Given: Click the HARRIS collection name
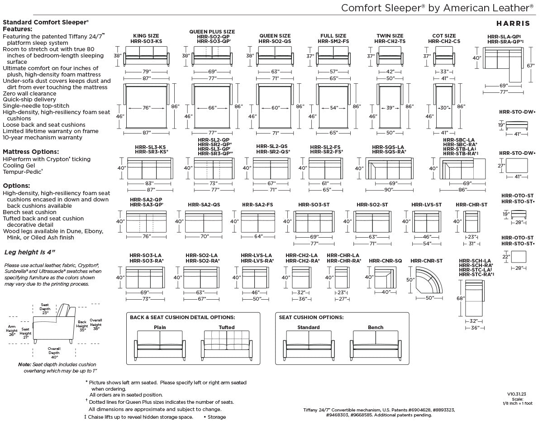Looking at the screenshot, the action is [513, 24].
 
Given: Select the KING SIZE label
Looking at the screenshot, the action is [146, 36].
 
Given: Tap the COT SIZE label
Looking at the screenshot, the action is [444, 36].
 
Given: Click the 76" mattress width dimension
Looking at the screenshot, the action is [147, 108].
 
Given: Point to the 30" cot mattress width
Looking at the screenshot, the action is [444, 108].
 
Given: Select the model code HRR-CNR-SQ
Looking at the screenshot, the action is [386, 261].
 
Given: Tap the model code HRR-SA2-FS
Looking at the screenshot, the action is [257, 205].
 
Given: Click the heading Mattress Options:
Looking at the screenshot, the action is [31, 152].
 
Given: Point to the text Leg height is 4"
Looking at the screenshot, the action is [29, 252].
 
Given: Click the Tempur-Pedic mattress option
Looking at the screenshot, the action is [23, 172].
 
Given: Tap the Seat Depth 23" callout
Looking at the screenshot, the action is [45, 309].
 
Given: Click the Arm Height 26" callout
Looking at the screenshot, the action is [12, 330].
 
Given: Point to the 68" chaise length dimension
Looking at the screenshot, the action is [461, 298].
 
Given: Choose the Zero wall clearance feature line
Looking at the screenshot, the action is [29, 94].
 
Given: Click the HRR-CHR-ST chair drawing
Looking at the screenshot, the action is [472, 221].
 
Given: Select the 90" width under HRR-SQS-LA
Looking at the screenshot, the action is [389, 190].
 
